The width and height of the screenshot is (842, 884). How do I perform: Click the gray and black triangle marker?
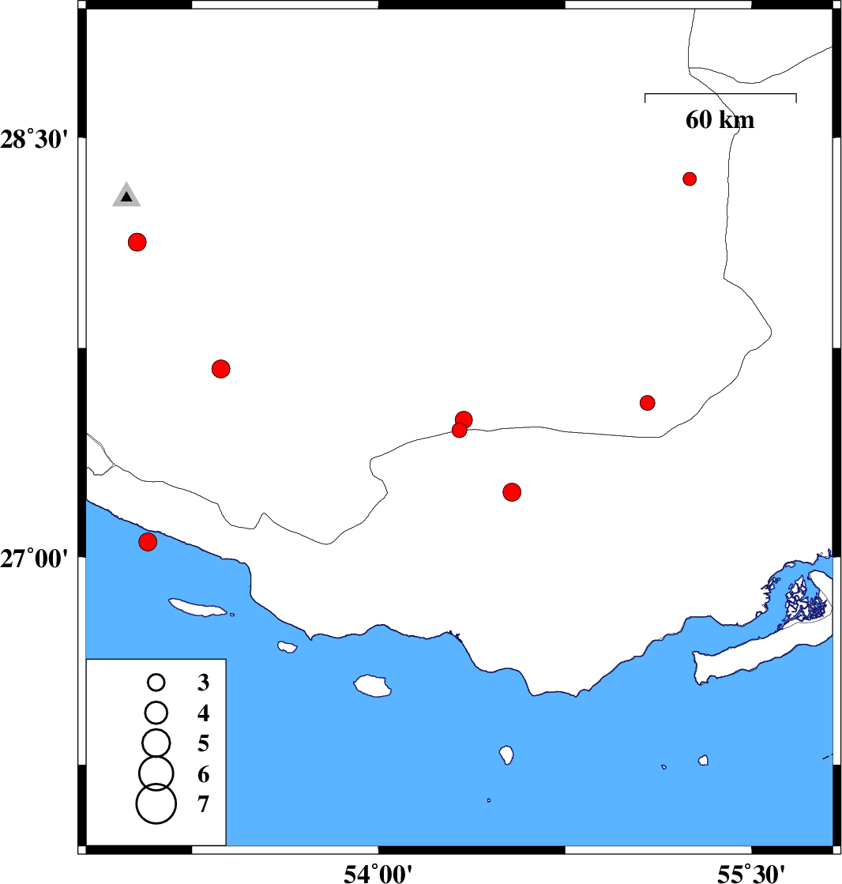pos(126,195)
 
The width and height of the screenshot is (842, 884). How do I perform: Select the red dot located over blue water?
pos(148,542)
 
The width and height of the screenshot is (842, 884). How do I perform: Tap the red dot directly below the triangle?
pos(137,242)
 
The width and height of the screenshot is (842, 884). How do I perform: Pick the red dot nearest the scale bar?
pos(690,179)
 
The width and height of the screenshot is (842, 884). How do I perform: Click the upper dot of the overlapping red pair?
pos(464,419)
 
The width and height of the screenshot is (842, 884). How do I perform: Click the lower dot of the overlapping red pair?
pos(460,431)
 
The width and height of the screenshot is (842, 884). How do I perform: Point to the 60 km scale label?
pos(720,119)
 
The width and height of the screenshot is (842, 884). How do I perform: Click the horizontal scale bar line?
pos(720,93)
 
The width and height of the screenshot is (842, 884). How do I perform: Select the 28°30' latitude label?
pos(35,139)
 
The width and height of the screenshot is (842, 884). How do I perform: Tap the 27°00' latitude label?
pos(35,559)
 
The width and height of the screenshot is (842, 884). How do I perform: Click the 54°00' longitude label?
pos(378,874)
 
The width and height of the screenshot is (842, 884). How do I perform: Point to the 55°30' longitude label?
pos(751,874)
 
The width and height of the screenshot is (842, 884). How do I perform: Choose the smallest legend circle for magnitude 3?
pos(156,683)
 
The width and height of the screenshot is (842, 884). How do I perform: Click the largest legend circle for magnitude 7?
pos(156,804)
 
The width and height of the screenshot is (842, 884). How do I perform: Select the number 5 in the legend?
pos(204,743)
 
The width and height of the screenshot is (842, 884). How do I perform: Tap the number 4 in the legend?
pos(204,713)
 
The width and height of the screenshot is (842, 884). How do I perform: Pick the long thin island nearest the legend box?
pos(198,608)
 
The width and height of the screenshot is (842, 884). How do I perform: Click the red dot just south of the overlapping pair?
pos(512,492)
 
